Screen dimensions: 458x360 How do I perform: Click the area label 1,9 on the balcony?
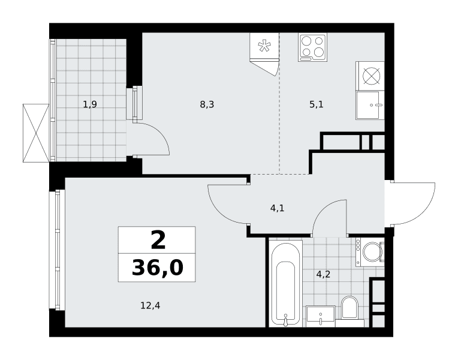pos(90,104)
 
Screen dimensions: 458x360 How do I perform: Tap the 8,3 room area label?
pos(207,104)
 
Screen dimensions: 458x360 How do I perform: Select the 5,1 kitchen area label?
pos(317,104)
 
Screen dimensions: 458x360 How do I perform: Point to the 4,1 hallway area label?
pos(277,208)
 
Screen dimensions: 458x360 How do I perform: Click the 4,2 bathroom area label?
pos(323,274)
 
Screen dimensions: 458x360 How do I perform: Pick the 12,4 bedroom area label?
pos(150,305)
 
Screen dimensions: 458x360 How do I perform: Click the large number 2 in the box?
pos(158,240)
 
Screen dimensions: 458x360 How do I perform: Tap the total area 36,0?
pos(158,268)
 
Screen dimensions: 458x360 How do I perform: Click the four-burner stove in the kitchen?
pos(312,47)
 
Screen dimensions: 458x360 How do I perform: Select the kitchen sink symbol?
pos(370,105)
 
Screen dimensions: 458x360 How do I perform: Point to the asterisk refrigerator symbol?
pos(264,46)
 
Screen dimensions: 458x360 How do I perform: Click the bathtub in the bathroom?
pos(285,284)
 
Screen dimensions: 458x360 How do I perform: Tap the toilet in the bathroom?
pos(350,310)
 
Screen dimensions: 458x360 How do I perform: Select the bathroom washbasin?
pos(321,316)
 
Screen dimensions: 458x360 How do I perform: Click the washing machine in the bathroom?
pos(370,252)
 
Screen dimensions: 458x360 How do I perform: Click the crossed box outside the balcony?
pos(36,133)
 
